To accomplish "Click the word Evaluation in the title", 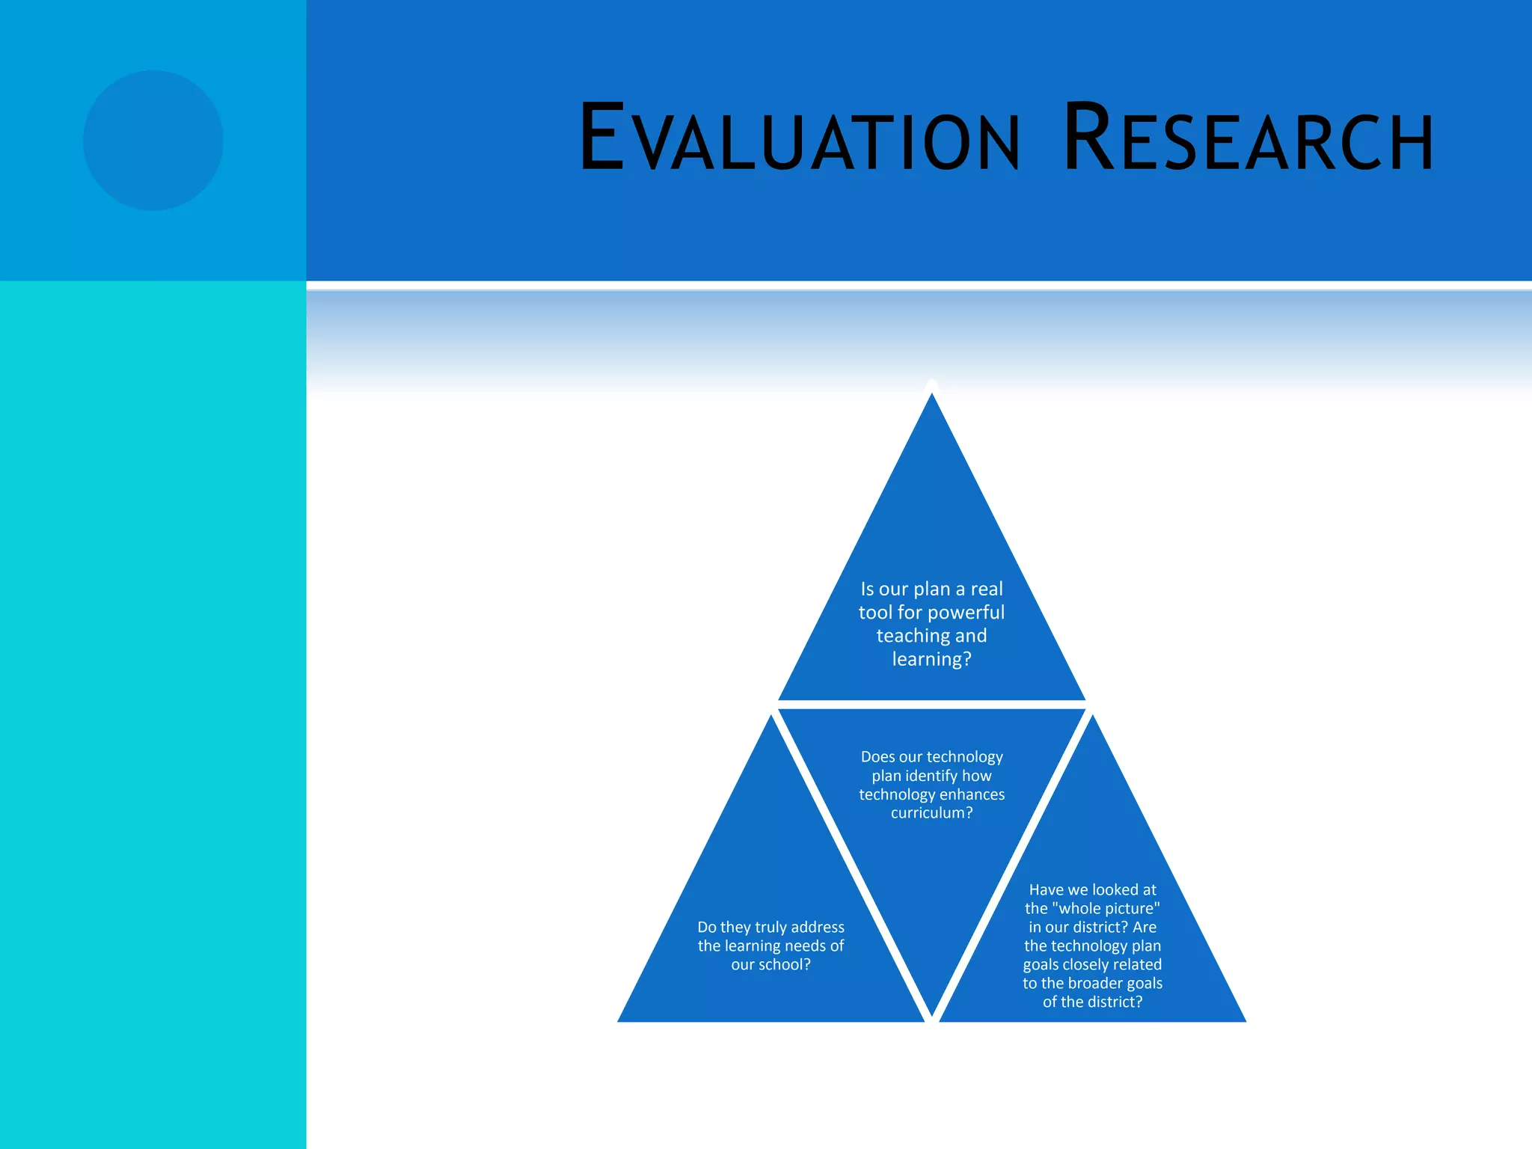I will pyautogui.click(x=799, y=139).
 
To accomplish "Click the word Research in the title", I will pyautogui.click(x=1248, y=139).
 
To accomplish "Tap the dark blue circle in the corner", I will pyautogui.click(x=153, y=141).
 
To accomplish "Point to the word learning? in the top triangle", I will pyautogui.click(x=931, y=659).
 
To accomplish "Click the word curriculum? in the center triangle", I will pyautogui.click(x=931, y=813).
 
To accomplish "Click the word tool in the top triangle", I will pyautogui.click(x=875, y=613).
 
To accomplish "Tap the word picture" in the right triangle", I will pyautogui.click(x=1133, y=909).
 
